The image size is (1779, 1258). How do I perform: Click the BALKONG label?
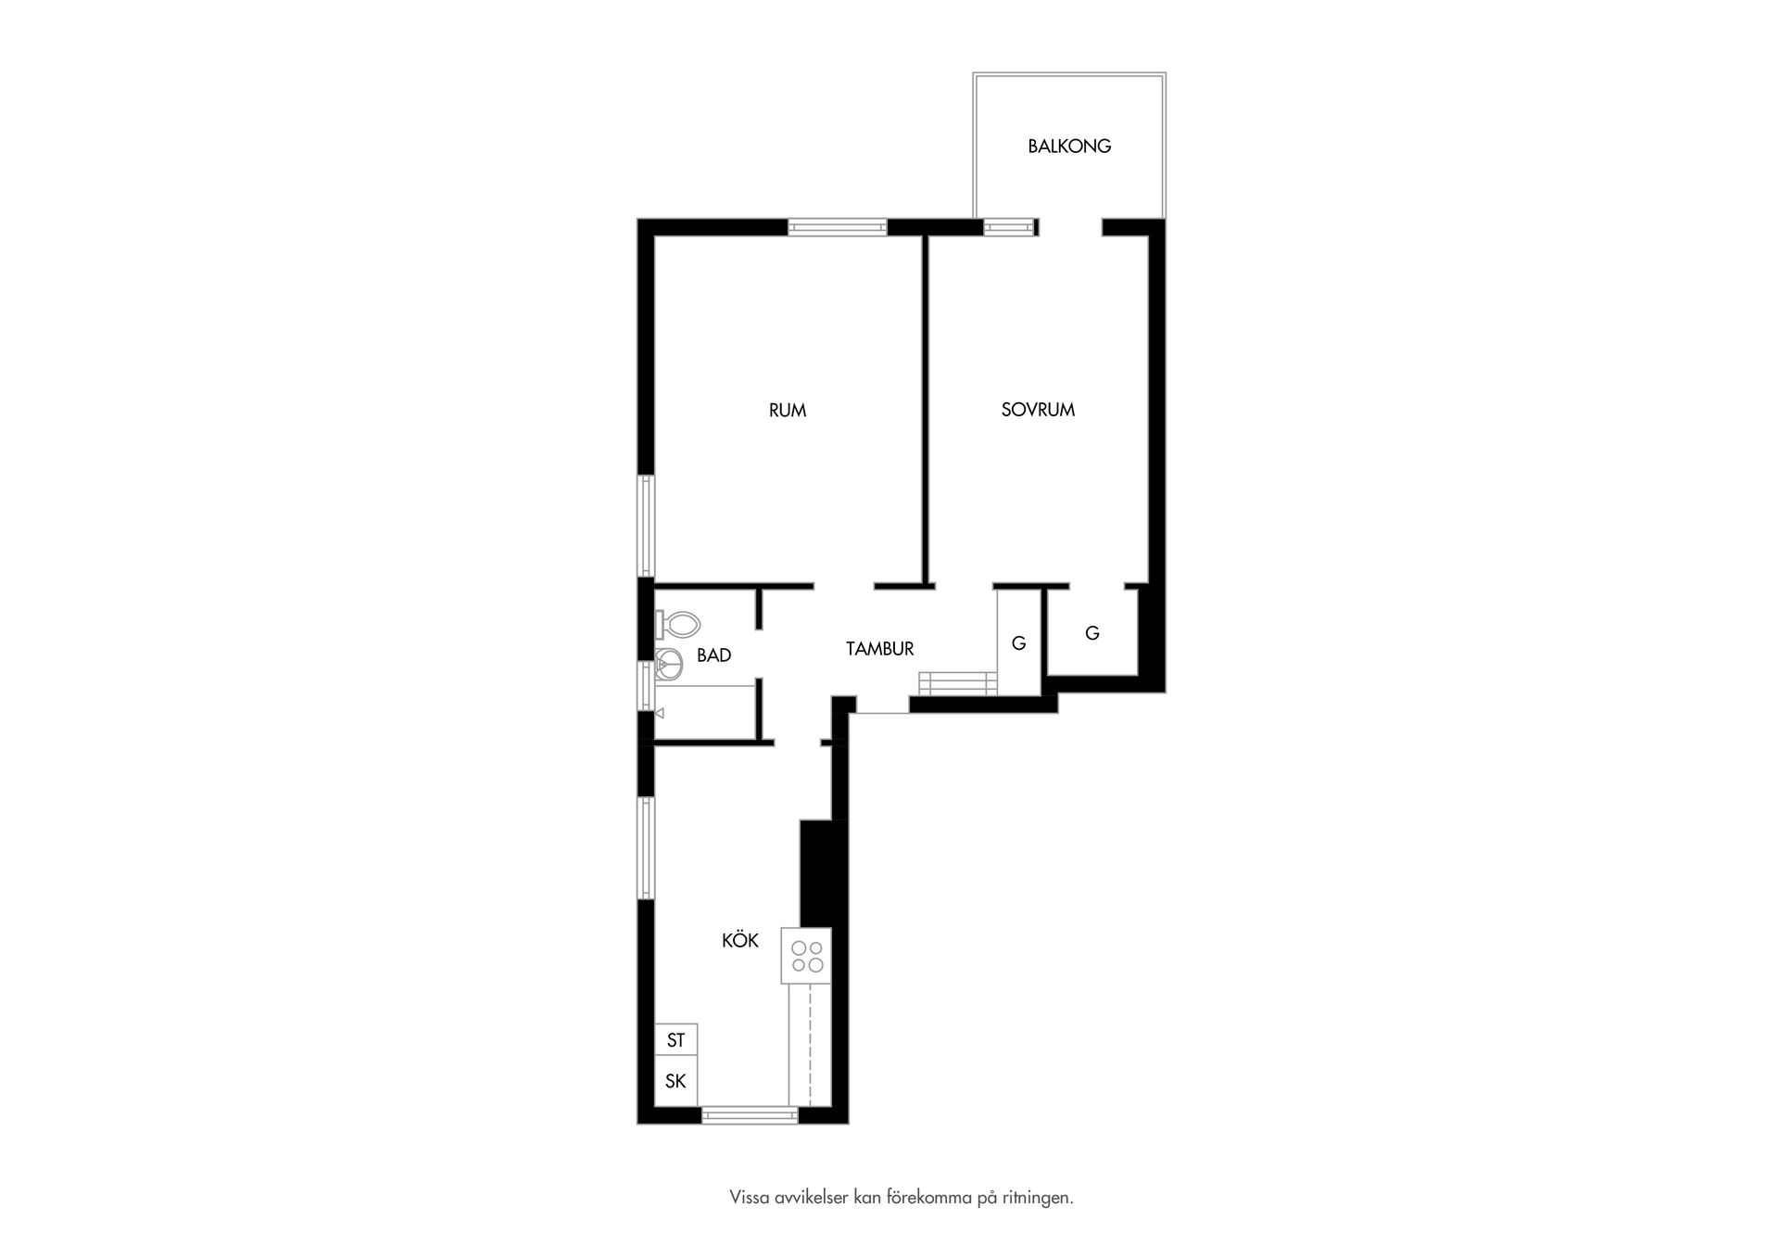pos(1069,146)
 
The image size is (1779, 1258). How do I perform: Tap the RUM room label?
pos(788,410)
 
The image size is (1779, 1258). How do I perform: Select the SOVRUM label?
pos(1038,410)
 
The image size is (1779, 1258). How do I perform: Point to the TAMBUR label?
pos(880,649)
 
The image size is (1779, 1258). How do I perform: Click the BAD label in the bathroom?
pos(713,655)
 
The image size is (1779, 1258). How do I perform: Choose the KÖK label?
pos(740,940)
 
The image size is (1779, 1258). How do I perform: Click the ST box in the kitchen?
pos(676,1041)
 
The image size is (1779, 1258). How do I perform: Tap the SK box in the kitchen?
pos(676,1082)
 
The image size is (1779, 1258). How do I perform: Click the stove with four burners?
pos(807,956)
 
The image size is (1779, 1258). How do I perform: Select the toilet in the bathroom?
pos(676,625)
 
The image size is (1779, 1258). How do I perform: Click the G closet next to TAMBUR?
pos(1019,642)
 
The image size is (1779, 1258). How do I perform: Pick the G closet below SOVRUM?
pos(1092,633)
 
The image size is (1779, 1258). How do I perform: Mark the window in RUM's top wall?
pos(838,227)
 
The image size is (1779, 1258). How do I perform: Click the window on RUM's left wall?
pos(646,526)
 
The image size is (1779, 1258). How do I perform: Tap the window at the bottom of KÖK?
pos(750,1115)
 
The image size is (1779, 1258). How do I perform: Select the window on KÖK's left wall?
pos(646,847)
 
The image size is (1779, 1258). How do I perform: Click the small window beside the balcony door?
pos(1008,227)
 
